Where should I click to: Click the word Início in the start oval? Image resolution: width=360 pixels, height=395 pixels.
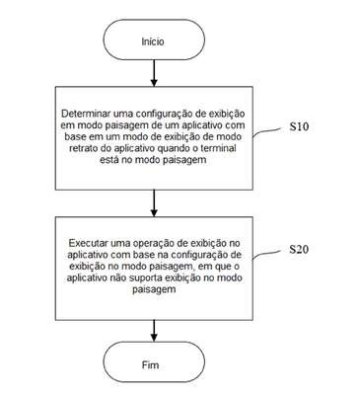coord(153,41)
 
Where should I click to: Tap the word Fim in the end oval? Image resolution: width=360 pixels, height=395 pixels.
coord(151,364)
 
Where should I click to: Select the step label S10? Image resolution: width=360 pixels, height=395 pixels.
coord(299,126)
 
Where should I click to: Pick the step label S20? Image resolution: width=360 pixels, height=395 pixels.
coord(299,249)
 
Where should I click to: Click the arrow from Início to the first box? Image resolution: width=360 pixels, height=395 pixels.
coord(154,73)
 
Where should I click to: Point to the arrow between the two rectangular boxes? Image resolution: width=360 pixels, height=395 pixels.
coord(154,203)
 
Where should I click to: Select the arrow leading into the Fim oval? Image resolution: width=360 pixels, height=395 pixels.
coord(154,331)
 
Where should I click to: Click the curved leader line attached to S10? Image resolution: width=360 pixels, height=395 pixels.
coord(268,131)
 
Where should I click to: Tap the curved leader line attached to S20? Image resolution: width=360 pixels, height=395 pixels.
coord(268,254)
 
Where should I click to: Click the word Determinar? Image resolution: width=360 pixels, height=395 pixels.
coord(86,114)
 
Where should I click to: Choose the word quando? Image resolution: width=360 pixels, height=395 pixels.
coord(174,148)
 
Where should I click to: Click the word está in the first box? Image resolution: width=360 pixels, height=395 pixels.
coord(108,160)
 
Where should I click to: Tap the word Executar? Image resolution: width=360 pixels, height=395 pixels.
coord(88,244)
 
